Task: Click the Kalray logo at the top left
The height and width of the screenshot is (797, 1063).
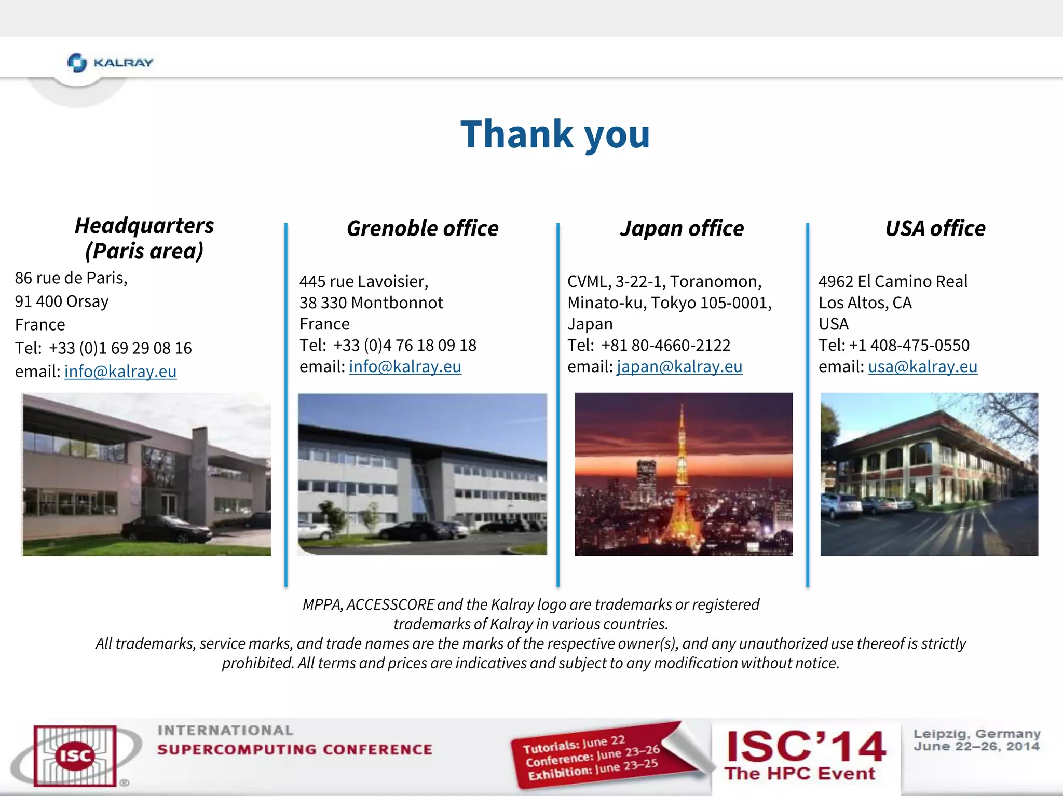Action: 110,63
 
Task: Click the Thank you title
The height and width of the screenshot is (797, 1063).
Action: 555,134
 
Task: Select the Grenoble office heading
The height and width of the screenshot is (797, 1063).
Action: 423,228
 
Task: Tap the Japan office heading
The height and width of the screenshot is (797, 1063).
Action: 682,228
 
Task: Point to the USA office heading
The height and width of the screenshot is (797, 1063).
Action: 935,228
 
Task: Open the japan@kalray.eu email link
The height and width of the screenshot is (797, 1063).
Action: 679,367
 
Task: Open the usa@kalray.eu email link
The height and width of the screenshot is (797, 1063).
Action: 922,367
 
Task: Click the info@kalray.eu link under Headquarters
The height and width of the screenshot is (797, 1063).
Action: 120,372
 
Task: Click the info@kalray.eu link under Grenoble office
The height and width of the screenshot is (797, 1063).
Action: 405,367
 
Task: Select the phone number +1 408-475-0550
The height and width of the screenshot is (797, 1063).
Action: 909,346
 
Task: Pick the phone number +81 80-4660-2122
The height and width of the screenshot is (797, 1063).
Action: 665,346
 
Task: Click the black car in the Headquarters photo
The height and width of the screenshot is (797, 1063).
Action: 166,529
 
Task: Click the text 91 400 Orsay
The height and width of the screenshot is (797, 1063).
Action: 62,301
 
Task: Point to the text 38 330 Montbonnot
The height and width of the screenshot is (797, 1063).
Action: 371,303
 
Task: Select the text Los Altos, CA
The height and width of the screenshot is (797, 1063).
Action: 865,303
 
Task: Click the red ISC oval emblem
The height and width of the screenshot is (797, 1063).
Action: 75,755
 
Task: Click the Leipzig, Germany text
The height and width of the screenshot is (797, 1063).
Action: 977,734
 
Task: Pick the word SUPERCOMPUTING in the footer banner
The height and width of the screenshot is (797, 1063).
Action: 236,750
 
